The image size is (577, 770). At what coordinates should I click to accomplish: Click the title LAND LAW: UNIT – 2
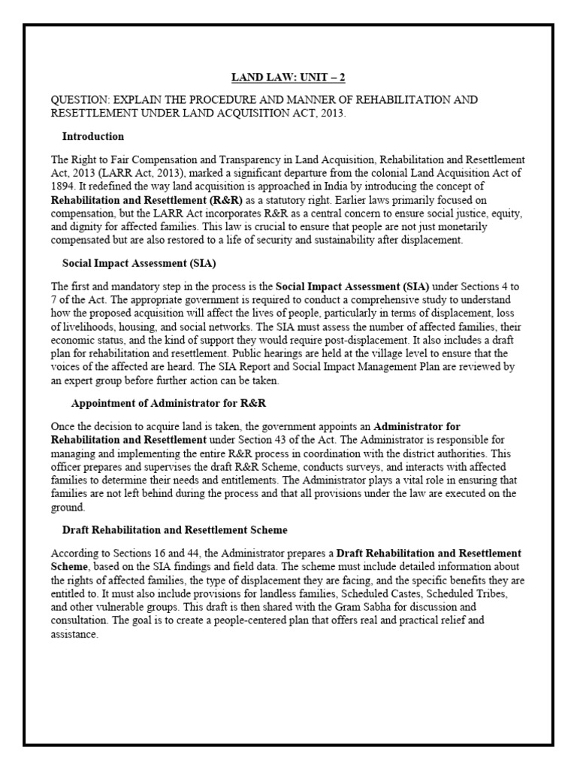click(x=288, y=77)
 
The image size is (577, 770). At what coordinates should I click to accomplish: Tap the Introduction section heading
click(x=92, y=136)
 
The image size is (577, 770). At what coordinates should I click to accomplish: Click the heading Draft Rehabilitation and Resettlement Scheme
click(x=174, y=530)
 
